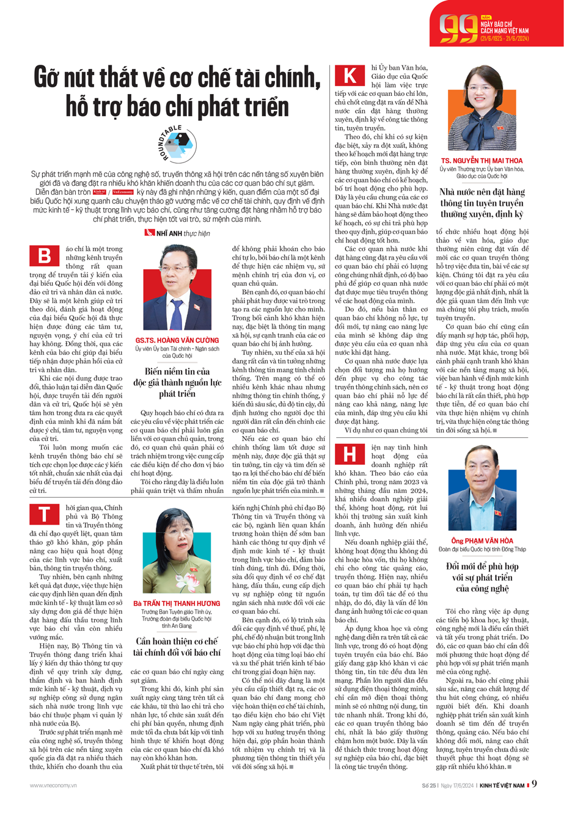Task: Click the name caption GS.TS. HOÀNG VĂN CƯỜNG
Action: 177,339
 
